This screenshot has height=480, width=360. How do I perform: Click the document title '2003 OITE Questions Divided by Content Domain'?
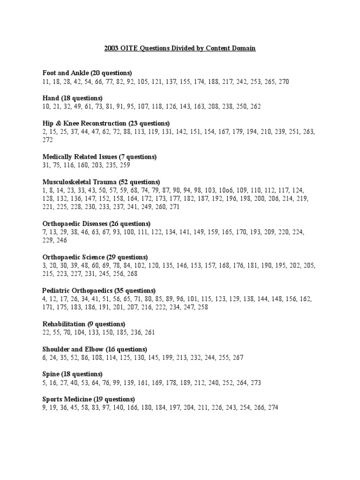click(180, 48)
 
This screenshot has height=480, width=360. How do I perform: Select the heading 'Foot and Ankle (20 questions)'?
click(87, 73)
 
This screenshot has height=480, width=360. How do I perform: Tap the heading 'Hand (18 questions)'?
click(72, 98)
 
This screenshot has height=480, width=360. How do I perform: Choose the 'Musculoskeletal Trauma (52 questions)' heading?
click(101, 182)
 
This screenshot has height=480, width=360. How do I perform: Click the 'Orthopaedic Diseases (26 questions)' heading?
click(97, 224)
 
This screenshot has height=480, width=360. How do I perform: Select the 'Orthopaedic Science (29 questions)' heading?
click(95, 257)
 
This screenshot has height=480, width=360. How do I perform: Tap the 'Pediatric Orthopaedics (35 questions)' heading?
click(99, 291)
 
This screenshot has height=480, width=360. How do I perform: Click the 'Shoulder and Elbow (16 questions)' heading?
click(95, 349)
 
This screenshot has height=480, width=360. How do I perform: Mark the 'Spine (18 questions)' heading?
click(73, 374)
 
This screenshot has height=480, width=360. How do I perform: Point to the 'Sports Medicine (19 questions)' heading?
click(89, 399)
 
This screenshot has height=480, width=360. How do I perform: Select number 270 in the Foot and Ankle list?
click(284, 82)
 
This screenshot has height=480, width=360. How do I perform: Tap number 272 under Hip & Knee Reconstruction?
click(48, 140)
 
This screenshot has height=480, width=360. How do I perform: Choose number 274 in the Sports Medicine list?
click(272, 408)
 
